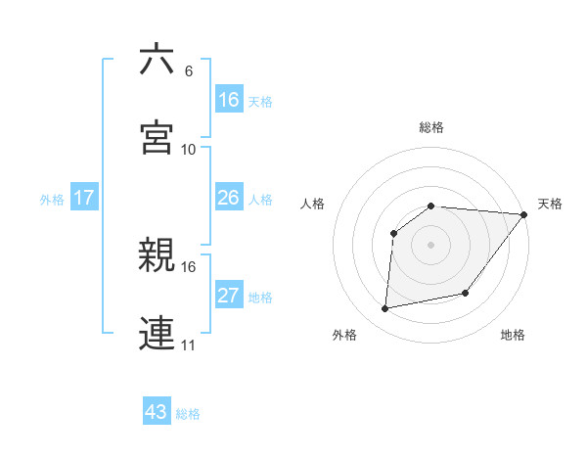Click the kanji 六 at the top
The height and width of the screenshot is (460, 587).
[x=157, y=60]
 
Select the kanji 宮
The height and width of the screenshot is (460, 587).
[x=157, y=136]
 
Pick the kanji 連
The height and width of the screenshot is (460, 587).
[x=157, y=332]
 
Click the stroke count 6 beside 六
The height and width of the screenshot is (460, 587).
[x=189, y=71]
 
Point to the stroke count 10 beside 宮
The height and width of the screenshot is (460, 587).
[x=189, y=149]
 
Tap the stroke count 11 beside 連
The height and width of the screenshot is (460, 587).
[x=189, y=345]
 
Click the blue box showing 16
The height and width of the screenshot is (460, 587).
[x=229, y=100]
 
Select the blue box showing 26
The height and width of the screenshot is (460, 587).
[x=229, y=198]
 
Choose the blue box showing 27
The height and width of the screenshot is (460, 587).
[x=229, y=296]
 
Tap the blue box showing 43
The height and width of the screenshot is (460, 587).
[x=157, y=412]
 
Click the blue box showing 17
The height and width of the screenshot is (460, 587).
[x=84, y=198]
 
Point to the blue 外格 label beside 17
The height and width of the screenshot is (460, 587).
[x=52, y=199]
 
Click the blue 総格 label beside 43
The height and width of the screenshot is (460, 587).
[x=188, y=413]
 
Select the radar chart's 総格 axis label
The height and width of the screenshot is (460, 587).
[x=431, y=127]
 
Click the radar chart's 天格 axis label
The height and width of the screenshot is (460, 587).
[x=550, y=204]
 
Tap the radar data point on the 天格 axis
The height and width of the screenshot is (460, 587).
[x=524, y=214]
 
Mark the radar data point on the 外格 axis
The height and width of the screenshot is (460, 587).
[x=385, y=309]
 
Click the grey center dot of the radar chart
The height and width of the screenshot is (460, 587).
[x=431, y=245]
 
